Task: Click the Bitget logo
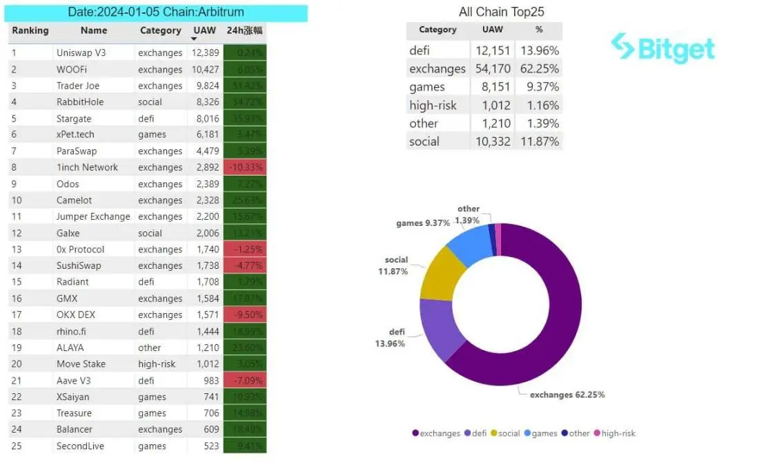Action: pyautogui.click(x=662, y=48)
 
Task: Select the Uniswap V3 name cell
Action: pyautogui.click(x=86, y=53)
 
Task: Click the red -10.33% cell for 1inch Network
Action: pyautogui.click(x=245, y=168)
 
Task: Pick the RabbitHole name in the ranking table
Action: pyautogui.click(x=80, y=102)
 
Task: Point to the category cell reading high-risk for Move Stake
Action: pyautogui.click(x=157, y=364)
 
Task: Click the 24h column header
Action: pyautogui.click(x=244, y=30)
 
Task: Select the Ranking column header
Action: pyautogui.click(x=30, y=30)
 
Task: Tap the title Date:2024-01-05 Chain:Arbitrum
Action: pyautogui.click(x=156, y=12)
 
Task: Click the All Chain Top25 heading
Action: pyautogui.click(x=501, y=12)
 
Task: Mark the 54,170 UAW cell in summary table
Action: pyautogui.click(x=493, y=69)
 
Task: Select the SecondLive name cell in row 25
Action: pyautogui.click(x=80, y=446)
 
